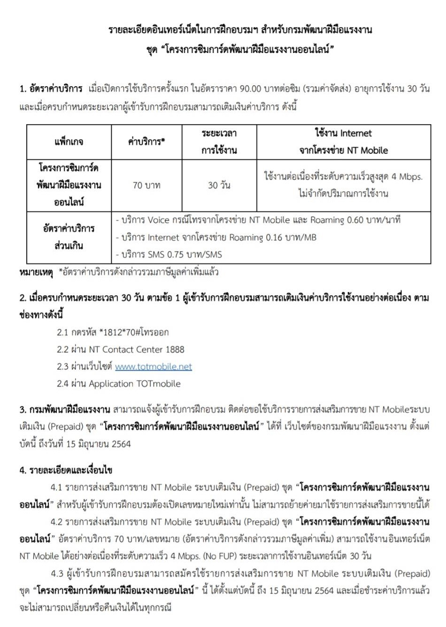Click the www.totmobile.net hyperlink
(154, 366)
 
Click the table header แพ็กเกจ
(69, 142)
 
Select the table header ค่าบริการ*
(146, 142)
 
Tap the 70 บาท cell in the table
(146, 186)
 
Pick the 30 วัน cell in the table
(219, 186)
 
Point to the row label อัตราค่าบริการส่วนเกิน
(69, 237)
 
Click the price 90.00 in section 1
(253, 89)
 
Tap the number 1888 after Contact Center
(175, 350)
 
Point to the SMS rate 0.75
(177, 255)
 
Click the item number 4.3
(57, 574)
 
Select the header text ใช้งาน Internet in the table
(343, 133)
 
